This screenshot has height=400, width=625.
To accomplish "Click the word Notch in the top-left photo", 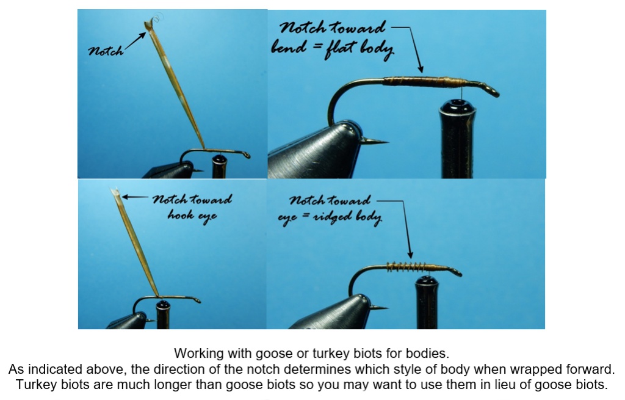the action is point(106,51).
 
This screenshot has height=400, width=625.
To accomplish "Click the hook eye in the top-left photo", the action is point(246,155).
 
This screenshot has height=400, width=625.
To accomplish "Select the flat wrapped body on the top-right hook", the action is point(425,82).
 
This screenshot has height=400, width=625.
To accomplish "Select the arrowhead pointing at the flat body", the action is point(420,68).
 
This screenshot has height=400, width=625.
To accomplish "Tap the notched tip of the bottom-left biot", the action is point(115,192).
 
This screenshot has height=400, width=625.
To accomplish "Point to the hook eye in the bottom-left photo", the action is point(197,300).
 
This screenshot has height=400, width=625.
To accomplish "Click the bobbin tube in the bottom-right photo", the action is point(427,302).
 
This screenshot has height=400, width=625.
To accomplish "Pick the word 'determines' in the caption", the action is point(322,369).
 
